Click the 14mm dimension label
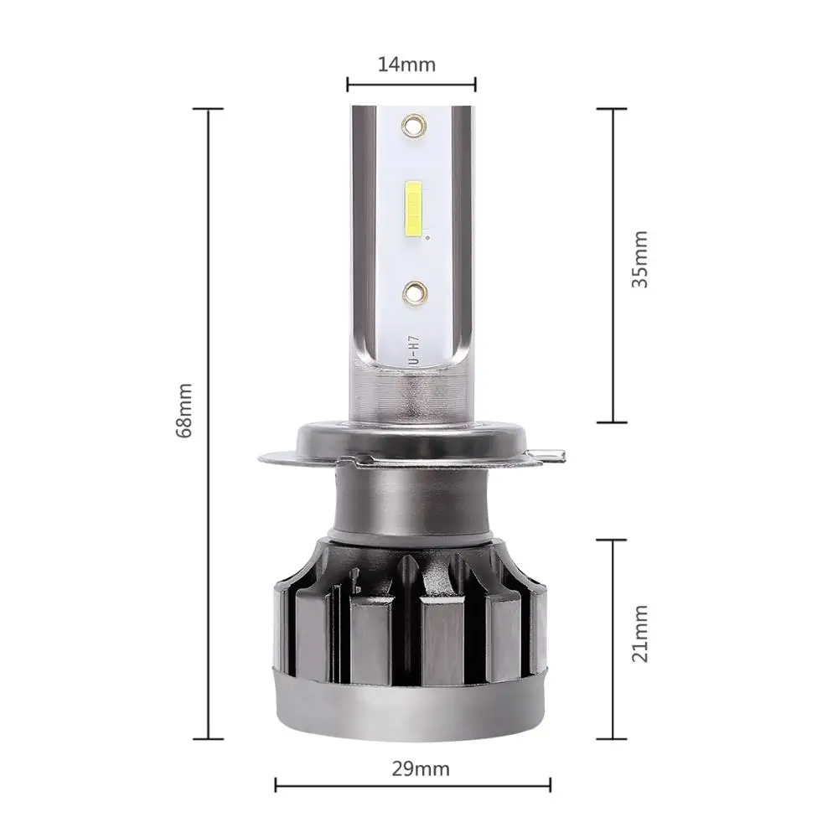[406, 65]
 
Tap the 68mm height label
[184, 411]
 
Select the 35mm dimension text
[639, 260]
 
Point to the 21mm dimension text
[639, 634]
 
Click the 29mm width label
[421, 769]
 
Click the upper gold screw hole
[413, 127]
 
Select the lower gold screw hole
[414, 292]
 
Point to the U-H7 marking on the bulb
[414, 351]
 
